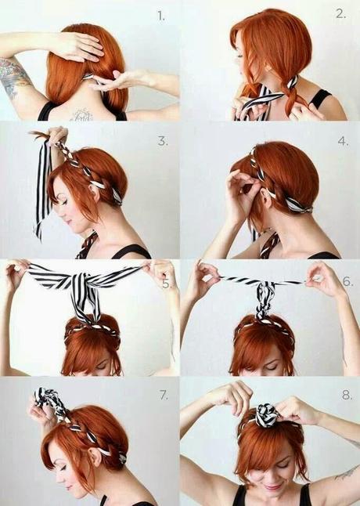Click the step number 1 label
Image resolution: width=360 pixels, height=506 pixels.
click(160, 16)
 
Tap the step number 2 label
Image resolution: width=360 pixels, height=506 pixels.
click(341, 14)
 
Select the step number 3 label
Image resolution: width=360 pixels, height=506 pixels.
click(163, 141)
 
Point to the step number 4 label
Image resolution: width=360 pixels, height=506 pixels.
click(344, 141)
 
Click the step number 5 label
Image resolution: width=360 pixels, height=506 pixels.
click(166, 284)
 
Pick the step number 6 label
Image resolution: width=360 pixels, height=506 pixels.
click(347, 281)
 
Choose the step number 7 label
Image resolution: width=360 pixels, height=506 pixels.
click(164, 395)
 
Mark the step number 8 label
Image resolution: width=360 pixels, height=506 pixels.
click(347, 395)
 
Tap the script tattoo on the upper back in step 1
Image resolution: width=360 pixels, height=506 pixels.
click(81, 115)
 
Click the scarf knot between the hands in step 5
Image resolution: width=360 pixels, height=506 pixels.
click(81, 281)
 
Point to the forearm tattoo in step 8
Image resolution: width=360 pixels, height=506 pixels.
click(347, 473)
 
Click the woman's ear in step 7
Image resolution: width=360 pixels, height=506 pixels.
click(94, 457)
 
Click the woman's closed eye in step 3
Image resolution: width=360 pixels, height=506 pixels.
click(66, 202)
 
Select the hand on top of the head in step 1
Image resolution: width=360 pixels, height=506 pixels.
click(77, 47)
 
